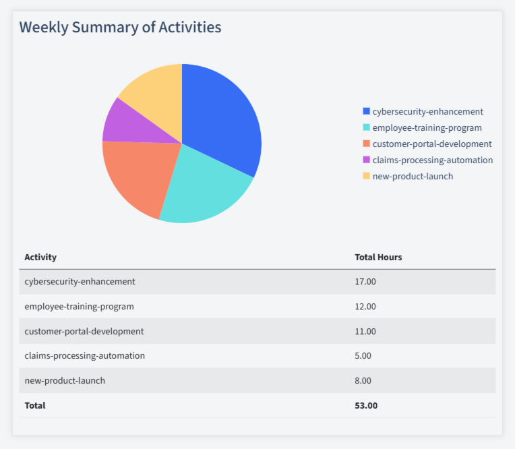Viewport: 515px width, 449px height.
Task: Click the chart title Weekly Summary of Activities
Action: click(120, 28)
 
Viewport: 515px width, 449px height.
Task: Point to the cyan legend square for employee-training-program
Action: click(367, 127)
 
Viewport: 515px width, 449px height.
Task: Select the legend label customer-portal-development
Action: click(431, 144)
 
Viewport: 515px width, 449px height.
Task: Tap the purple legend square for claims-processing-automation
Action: click(367, 160)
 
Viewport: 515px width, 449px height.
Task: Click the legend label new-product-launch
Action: click(413, 176)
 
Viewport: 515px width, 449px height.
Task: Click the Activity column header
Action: click(40, 257)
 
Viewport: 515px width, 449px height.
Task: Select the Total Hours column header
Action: click(378, 257)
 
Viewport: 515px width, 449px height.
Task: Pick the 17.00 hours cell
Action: click(365, 281)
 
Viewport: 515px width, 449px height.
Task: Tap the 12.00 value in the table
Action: click(365, 306)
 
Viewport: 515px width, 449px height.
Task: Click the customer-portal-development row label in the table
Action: click(84, 331)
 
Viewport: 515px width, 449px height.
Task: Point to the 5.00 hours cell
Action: click(363, 355)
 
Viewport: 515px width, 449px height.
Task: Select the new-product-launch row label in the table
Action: click(65, 380)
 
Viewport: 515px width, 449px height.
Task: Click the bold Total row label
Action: click(35, 405)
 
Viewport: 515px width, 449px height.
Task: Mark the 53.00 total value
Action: click(366, 405)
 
